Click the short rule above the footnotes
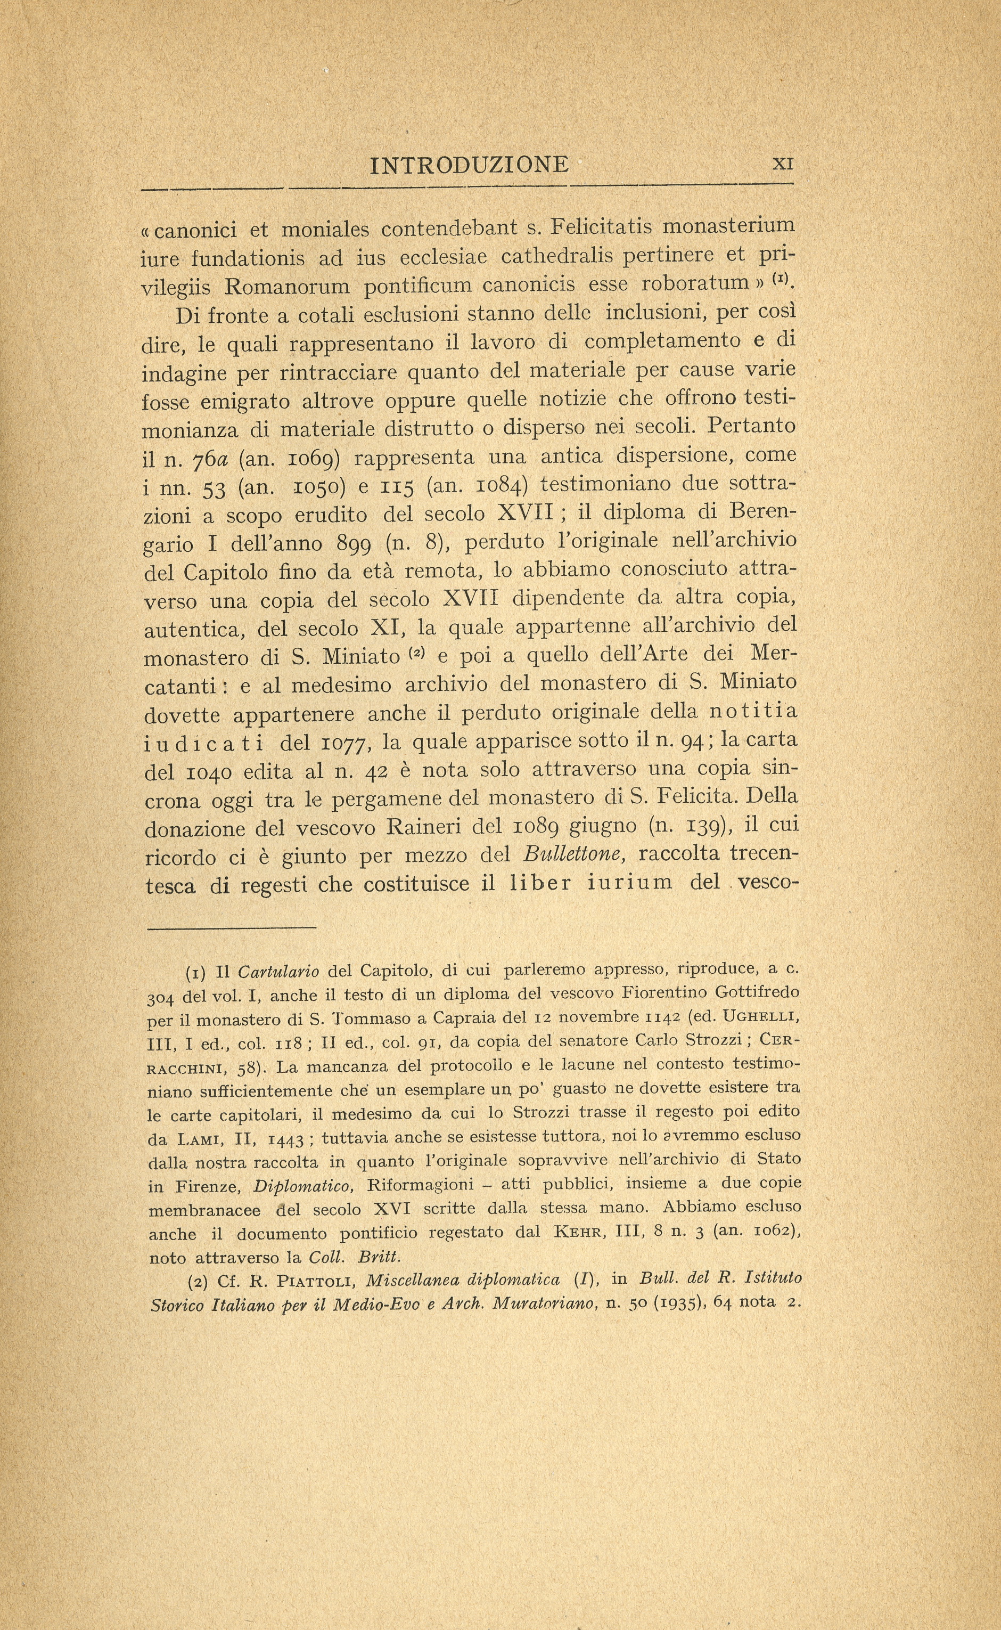tap(231, 928)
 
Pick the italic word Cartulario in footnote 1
tap(278, 972)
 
